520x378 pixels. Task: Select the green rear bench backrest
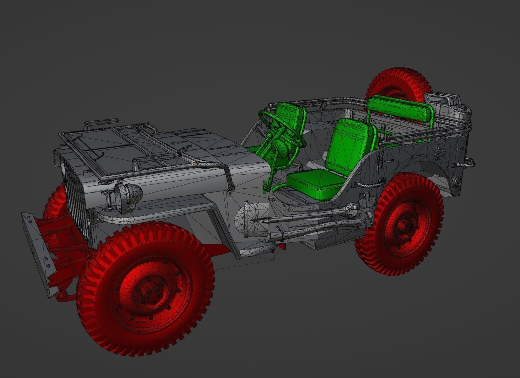[x=400, y=109]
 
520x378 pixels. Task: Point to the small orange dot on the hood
[x=193, y=164]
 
